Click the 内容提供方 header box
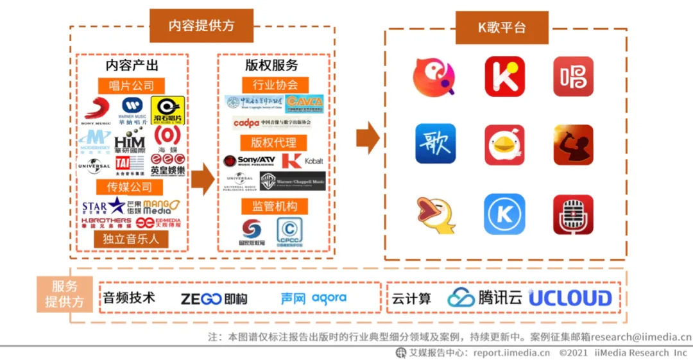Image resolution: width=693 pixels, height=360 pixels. point(201,26)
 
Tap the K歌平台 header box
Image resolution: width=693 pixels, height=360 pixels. point(502,28)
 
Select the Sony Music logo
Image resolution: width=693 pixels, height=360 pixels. point(96,110)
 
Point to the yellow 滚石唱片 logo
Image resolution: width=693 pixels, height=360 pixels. point(168,110)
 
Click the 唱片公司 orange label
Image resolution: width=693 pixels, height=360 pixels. point(131,85)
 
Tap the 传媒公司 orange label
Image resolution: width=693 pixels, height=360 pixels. point(130,187)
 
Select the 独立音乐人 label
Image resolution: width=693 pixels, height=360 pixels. point(130,239)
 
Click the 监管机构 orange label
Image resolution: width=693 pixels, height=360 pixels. point(275,206)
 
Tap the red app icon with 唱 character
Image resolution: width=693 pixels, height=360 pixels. point(573,76)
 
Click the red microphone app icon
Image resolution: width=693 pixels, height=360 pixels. point(573,214)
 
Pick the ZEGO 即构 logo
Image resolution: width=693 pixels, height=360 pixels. point(214,299)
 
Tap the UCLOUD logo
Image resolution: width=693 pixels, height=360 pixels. point(570,298)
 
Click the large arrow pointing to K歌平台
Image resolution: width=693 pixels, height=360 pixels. point(368,137)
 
